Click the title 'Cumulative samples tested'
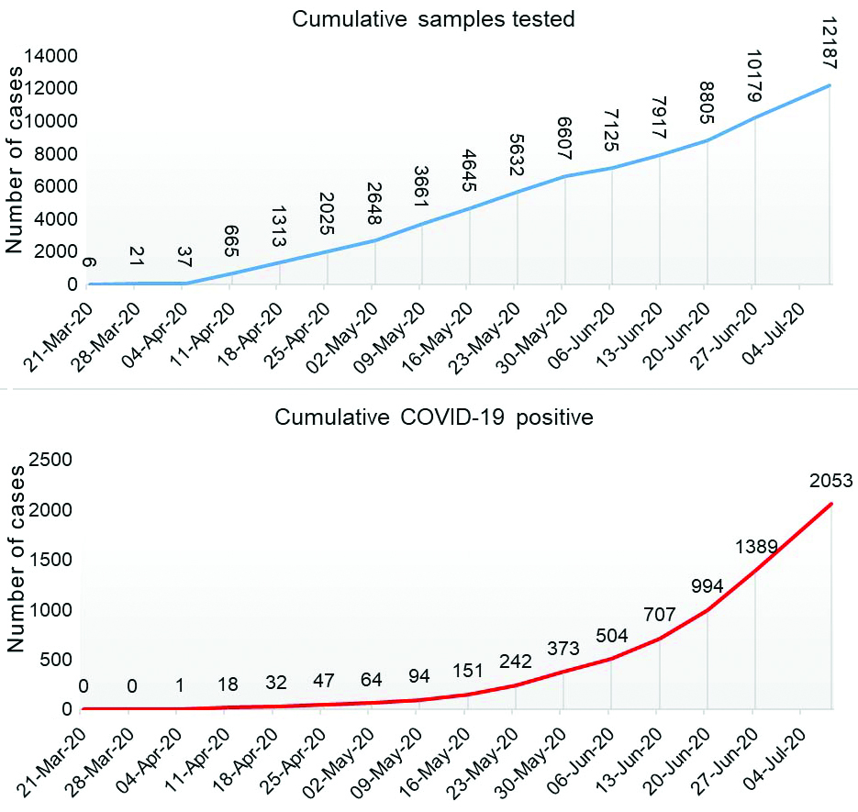(x=433, y=19)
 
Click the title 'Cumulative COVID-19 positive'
(x=435, y=417)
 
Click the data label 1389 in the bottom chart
(x=756, y=548)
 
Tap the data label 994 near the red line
(x=708, y=586)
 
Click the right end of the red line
(x=831, y=504)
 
